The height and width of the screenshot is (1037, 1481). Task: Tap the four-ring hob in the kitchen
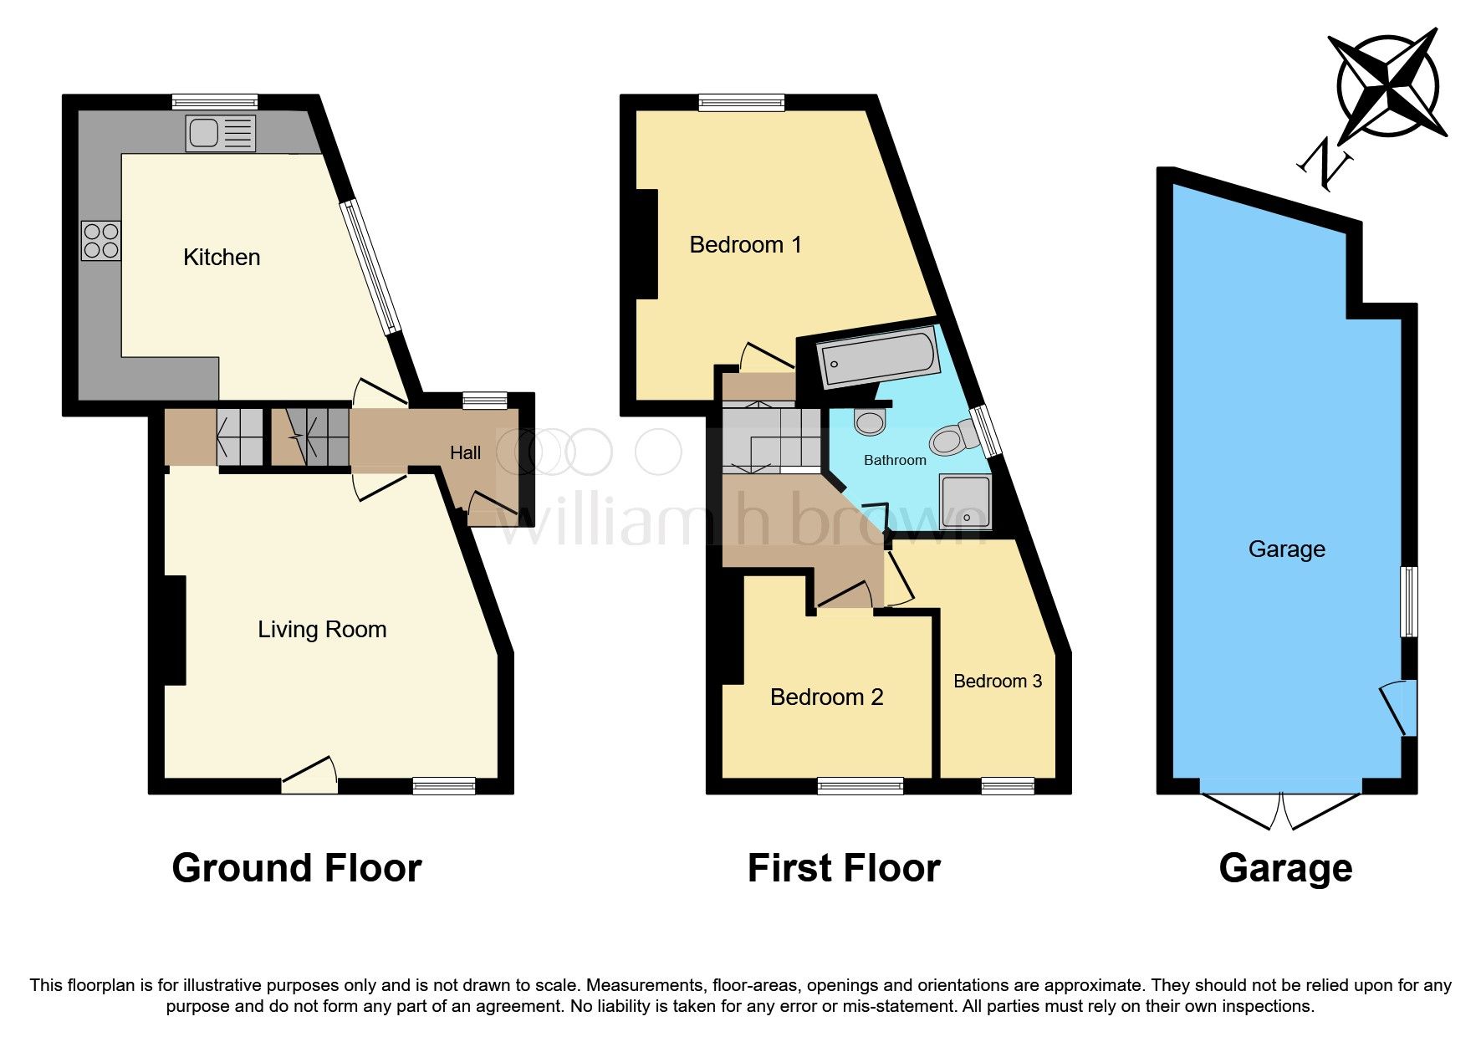101,241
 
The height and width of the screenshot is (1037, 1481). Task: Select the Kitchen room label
222,258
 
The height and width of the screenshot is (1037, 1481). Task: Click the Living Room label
322,630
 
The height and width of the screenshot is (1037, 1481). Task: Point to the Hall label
465,453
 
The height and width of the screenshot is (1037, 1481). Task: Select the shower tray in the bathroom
966,502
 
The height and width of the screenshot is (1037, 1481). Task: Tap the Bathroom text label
895,460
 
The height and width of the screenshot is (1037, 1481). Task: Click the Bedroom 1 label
745,245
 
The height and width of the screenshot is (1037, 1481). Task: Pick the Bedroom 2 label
826,697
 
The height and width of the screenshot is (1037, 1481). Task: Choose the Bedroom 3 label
998,682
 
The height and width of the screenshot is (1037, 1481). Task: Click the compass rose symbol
1388,86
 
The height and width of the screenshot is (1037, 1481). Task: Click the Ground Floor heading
296,868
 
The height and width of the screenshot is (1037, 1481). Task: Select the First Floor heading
843,868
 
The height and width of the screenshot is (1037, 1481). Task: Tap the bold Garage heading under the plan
1285,868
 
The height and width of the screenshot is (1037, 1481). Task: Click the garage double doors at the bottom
1281,808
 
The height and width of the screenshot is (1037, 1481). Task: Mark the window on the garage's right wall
1409,601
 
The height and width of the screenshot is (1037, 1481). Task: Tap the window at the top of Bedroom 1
742,103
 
